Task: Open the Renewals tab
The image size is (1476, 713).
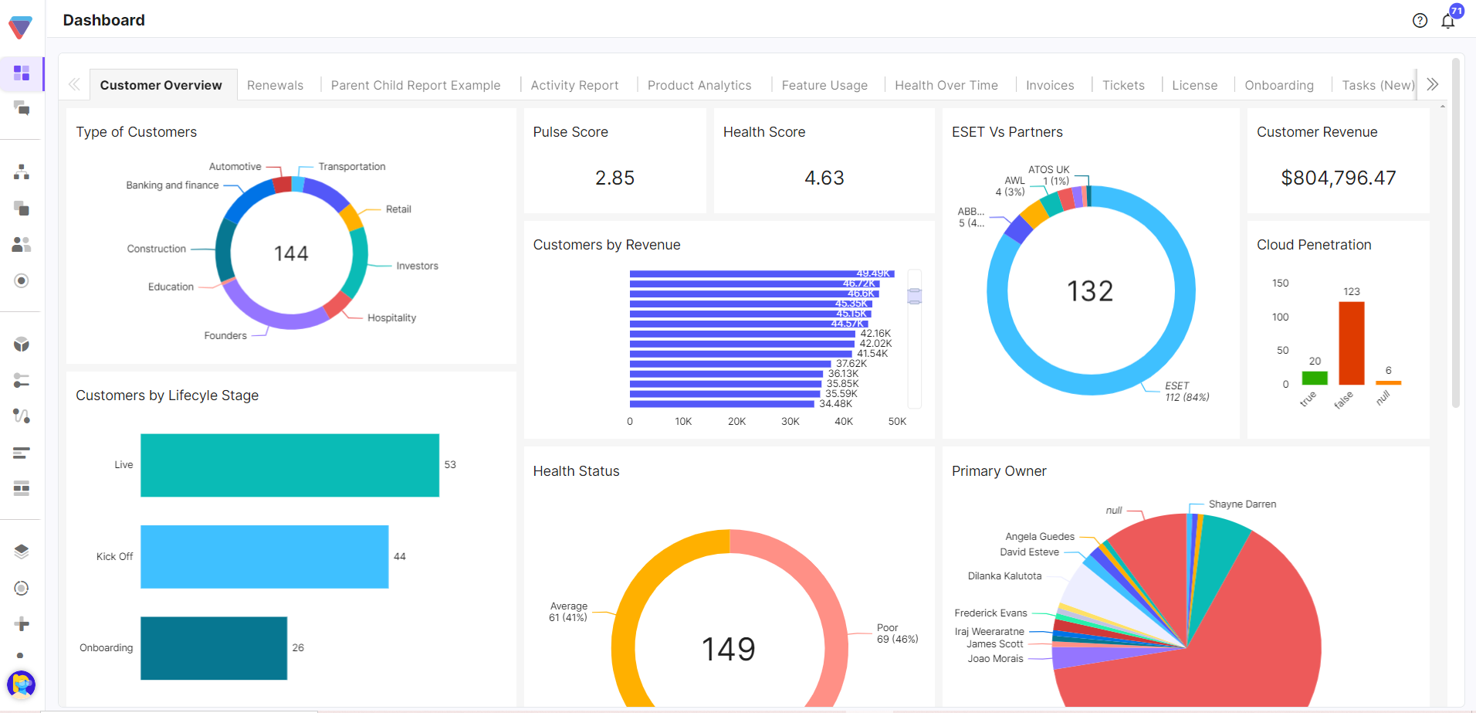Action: (x=275, y=85)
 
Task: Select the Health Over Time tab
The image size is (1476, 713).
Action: (x=946, y=85)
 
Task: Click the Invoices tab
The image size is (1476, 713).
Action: (x=1049, y=85)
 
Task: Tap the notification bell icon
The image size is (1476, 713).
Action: (x=1447, y=22)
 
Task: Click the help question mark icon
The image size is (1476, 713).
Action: (x=1420, y=21)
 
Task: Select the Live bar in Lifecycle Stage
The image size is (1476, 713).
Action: (x=289, y=465)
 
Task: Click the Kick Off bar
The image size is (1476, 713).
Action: (x=264, y=557)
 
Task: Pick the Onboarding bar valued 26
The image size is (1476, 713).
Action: (x=214, y=648)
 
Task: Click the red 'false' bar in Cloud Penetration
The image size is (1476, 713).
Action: (x=1351, y=343)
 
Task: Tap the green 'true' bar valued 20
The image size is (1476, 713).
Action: (x=1314, y=378)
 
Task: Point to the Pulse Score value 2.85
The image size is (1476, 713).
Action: (x=614, y=178)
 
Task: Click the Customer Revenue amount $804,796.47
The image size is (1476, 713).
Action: (x=1338, y=178)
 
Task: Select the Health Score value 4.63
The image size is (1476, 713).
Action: (x=824, y=178)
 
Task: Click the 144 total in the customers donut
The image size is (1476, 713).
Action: (x=291, y=253)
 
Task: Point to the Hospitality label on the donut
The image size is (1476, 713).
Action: (x=391, y=317)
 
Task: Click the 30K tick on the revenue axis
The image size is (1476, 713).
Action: (x=790, y=422)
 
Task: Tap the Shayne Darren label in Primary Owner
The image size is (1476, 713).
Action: (x=1241, y=504)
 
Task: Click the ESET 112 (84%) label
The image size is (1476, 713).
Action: (x=1187, y=392)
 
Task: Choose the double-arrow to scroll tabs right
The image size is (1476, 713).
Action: (x=1433, y=84)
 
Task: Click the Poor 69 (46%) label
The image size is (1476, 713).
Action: (x=897, y=633)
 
